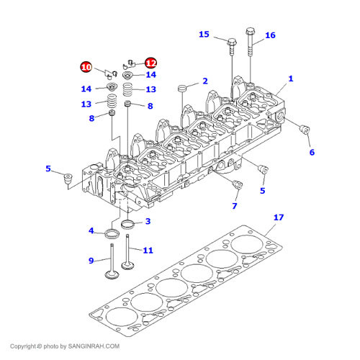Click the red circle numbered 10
pyautogui.click(x=86, y=67)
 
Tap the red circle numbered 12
pyautogui.click(x=151, y=63)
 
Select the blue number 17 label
pyautogui.click(x=279, y=217)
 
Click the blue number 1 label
pyautogui.click(x=291, y=78)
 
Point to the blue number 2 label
pyautogui.click(x=205, y=81)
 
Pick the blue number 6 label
pyautogui.click(x=312, y=152)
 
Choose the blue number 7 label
pyautogui.click(x=235, y=206)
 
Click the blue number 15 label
pyautogui.click(x=204, y=35)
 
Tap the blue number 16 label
pyautogui.click(x=270, y=35)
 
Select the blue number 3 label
pyautogui.click(x=148, y=221)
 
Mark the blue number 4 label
pyautogui.click(x=91, y=231)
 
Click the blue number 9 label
pyautogui.click(x=91, y=261)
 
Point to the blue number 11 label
pyautogui.click(x=148, y=251)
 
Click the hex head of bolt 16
pyautogui.click(x=250, y=32)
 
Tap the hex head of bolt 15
pyautogui.click(x=232, y=42)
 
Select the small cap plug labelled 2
pyautogui.click(x=182, y=88)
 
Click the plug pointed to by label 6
pyautogui.click(x=305, y=130)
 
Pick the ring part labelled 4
pyautogui.click(x=112, y=234)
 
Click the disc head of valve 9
pyautogui.click(x=112, y=275)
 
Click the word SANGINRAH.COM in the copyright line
pyautogui.click(x=94, y=346)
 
